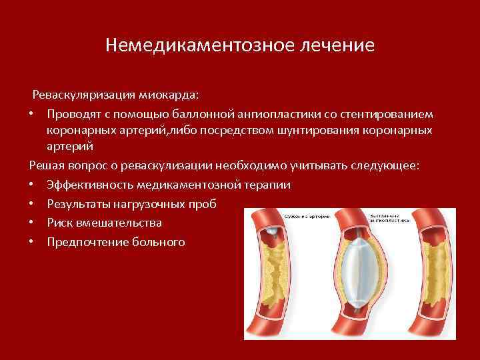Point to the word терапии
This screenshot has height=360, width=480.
coord(269,185)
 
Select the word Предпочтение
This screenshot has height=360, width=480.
coord(84,241)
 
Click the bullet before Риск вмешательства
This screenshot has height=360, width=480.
coord(33,222)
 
